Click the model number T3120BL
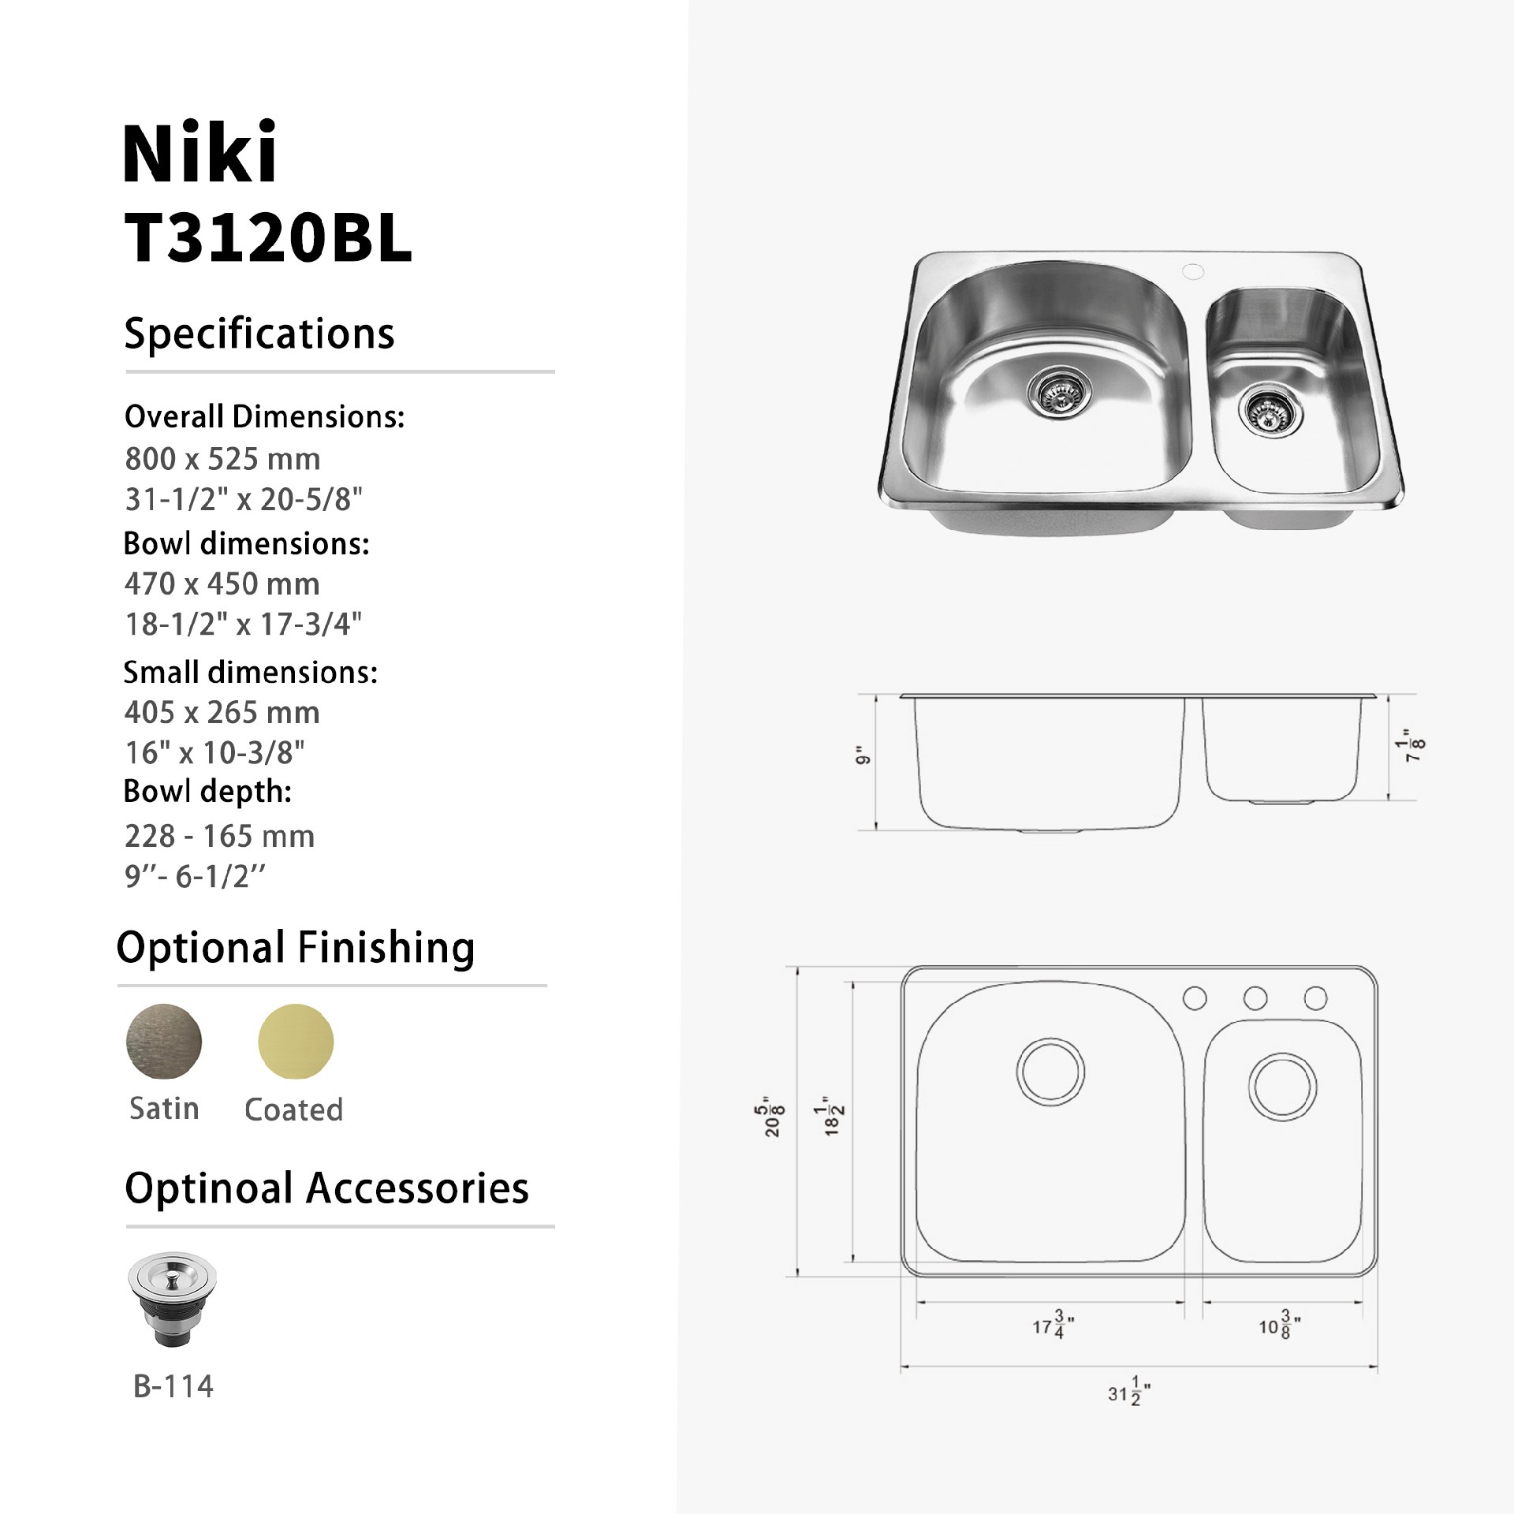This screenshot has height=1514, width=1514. click(x=268, y=239)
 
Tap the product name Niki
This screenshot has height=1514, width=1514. click(x=200, y=153)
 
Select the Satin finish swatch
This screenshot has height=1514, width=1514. click(x=164, y=1042)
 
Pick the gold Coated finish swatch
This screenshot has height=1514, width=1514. click(x=296, y=1042)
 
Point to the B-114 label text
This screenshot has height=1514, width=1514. click(x=173, y=1386)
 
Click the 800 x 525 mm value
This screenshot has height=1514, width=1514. click(x=222, y=459)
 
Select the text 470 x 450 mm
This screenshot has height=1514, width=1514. click(x=222, y=584)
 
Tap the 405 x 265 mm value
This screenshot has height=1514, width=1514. click(x=222, y=713)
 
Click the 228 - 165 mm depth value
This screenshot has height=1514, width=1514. click(x=219, y=836)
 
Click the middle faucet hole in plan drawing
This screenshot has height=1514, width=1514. click(x=1255, y=998)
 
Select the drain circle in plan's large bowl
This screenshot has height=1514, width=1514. click(x=1050, y=1072)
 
